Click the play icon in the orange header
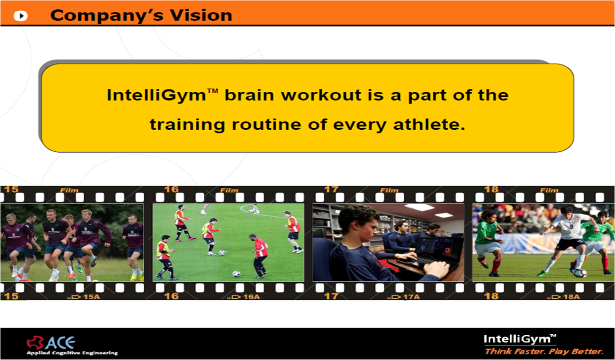coord(21,15)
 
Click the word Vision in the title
coord(201,15)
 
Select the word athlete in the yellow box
coord(429,125)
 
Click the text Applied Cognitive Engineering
coord(72,353)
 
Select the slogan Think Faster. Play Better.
coord(544,352)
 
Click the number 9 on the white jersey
coord(571,227)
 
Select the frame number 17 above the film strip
coord(331,189)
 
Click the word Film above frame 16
coord(229,190)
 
